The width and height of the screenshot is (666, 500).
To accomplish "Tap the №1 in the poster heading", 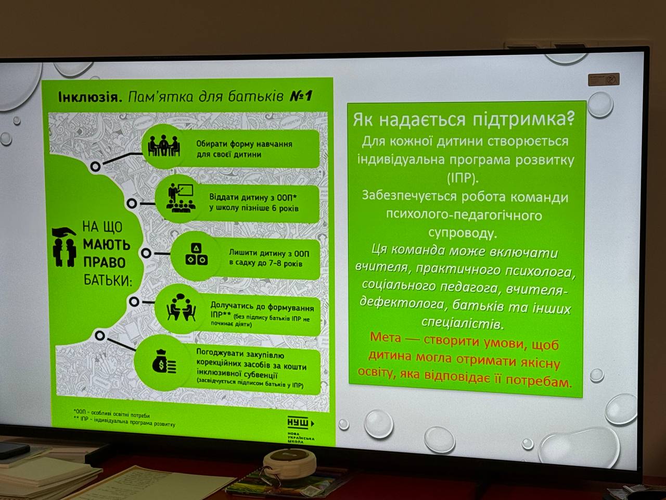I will point(300,96).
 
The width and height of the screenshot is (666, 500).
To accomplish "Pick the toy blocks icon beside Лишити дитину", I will point(196,254).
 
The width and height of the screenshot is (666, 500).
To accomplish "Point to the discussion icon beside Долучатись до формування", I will point(181,306).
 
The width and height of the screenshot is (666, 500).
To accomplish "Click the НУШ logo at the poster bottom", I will point(300,423).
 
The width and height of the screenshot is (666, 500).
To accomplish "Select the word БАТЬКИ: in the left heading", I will point(108,280).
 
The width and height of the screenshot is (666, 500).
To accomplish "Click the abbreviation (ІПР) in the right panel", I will point(462,178).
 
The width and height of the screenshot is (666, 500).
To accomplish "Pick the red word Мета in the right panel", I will point(386,337).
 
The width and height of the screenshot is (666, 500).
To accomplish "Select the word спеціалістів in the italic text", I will point(462,323).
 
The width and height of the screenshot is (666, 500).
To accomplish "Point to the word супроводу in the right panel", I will point(463,232).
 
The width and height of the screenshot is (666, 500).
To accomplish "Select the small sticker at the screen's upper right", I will point(604,80).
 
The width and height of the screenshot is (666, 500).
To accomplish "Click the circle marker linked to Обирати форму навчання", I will point(95,167).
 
